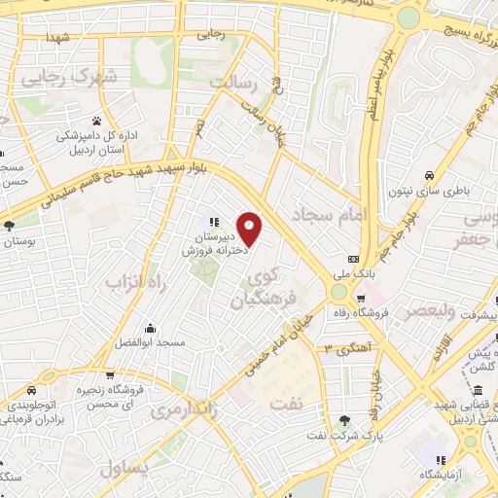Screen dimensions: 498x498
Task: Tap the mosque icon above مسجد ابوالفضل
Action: [x=151, y=328]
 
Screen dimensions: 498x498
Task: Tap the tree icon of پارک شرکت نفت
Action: [x=345, y=420]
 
